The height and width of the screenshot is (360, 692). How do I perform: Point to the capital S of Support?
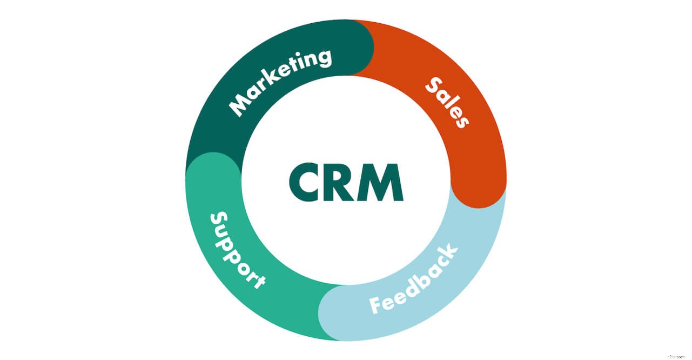click(x=218, y=220)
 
